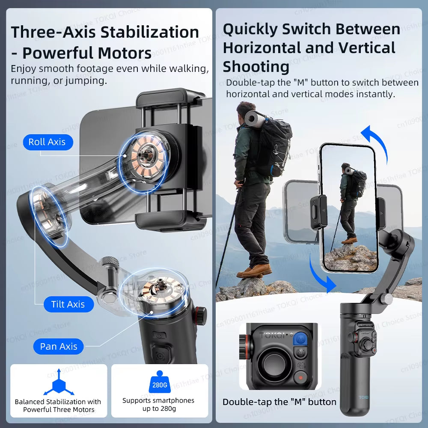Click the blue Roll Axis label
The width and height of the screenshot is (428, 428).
[x=47, y=142]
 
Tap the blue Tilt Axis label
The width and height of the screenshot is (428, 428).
[x=68, y=304]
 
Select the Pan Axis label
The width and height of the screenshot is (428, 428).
[x=59, y=346]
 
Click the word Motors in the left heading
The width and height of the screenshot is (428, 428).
[x=124, y=53]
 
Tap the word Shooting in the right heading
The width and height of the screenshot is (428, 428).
[x=256, y=67]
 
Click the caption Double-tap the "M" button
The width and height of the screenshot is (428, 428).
[x=279, y=402]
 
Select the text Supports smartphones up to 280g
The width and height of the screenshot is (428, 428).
[x=158, y=404]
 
